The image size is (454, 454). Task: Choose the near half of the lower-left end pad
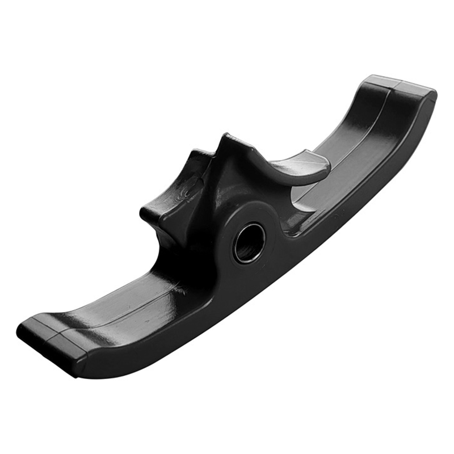(68, 346)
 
